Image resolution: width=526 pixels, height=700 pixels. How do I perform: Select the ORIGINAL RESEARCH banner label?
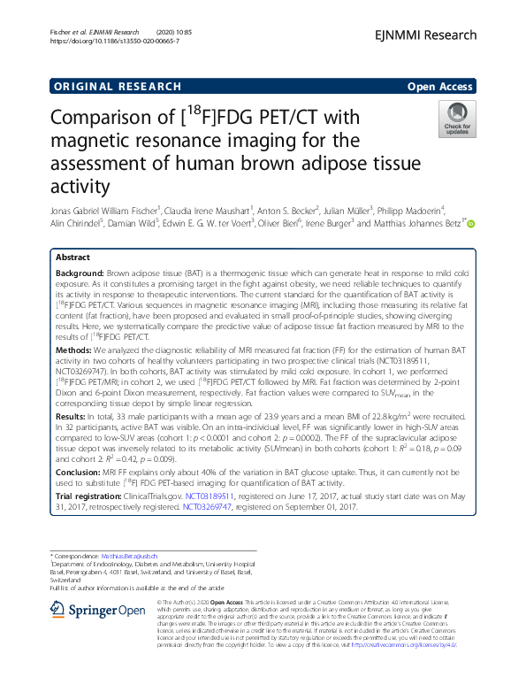[105, 88]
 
